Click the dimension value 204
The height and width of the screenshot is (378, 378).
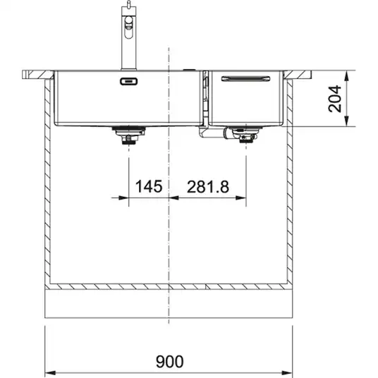[335, 98]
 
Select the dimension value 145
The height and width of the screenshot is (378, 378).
[149, 186]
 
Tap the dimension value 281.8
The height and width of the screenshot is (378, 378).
[208, 187]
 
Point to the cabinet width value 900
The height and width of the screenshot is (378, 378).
[169, 361]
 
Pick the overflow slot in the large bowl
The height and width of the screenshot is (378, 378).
[129, 82]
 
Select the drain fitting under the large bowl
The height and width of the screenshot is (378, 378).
[129, 135]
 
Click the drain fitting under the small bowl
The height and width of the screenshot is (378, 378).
[245, 135]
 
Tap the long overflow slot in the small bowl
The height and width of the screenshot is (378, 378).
[245, 78]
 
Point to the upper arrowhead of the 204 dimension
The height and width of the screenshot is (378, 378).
[346, 76]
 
